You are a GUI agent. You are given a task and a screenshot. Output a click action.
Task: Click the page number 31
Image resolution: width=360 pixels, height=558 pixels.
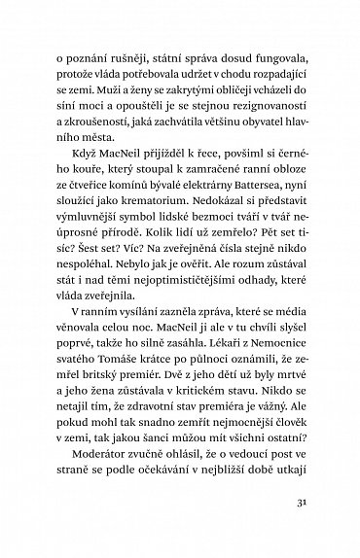(301, 503)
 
